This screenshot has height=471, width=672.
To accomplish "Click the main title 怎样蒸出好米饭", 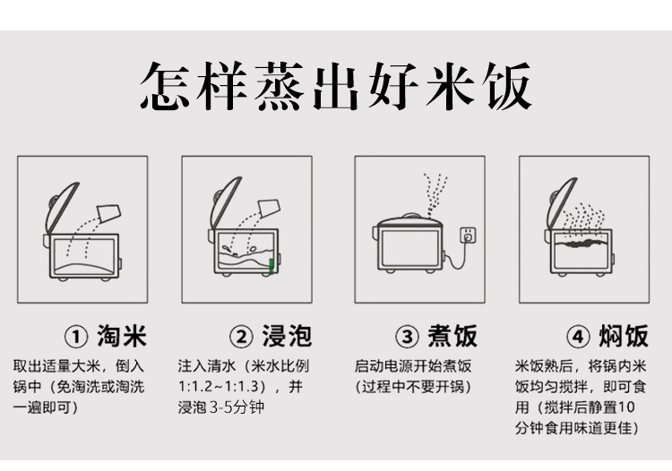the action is [x=336, y=86].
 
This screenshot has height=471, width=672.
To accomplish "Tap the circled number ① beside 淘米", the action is [x=76, y=337].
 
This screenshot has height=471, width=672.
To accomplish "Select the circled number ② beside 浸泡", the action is [x=242, y=337].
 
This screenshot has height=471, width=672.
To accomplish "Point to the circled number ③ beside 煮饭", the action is [x=407, y=337].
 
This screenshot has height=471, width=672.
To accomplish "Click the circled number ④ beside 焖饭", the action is [x=578, y=337].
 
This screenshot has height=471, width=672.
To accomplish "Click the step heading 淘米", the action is [x=122, y=336].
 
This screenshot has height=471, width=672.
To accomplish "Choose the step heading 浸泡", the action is [x=287, y=336].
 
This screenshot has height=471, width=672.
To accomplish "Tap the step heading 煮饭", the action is [x=452, y=336].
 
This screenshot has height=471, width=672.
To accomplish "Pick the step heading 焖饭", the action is [x=624, y=336].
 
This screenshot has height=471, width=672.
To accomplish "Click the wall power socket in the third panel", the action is [x=468, y=235].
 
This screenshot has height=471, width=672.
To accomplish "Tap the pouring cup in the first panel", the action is [x=109, y=213].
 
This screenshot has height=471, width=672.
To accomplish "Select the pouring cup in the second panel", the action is [x=269, y=208].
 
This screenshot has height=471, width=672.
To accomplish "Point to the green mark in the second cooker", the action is [x=271, y=265].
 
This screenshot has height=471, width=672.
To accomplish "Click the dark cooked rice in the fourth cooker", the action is [x=581, y=244].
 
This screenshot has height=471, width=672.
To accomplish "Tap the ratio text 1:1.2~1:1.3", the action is [x=219, y=387].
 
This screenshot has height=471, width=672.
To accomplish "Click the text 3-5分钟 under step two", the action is [x=237, y=407].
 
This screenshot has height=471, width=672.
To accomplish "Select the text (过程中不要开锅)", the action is [x=413, y=387].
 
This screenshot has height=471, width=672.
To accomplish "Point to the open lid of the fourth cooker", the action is [x=563, y=205].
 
